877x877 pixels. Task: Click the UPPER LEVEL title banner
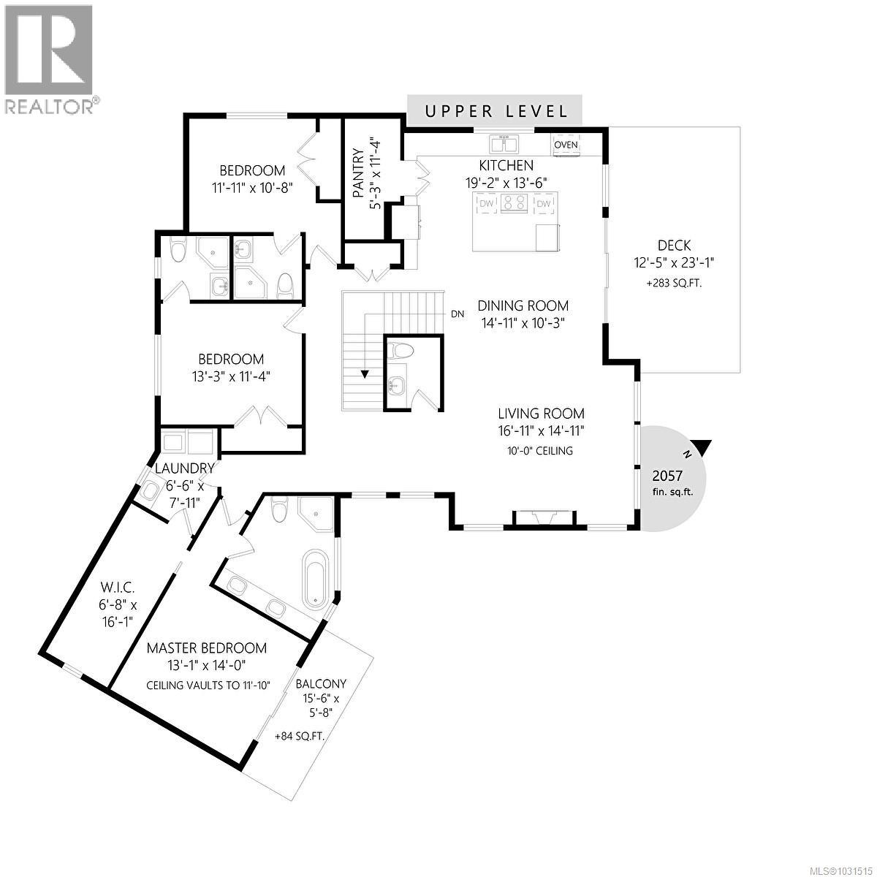[496, 111]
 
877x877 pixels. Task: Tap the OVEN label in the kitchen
[566, 145]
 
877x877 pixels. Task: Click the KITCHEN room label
[506, 166]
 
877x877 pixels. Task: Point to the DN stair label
[458, 314]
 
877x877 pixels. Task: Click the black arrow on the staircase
[363, 374]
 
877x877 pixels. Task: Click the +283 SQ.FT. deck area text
[673, 283]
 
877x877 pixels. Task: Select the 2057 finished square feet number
[667, 475]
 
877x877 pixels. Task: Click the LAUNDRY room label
[184, 468]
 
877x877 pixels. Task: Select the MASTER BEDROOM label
[207, 648]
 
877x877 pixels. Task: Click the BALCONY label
[321, 684]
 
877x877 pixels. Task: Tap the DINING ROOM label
[523, 306]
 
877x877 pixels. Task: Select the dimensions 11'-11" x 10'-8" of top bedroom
[252, 187]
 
